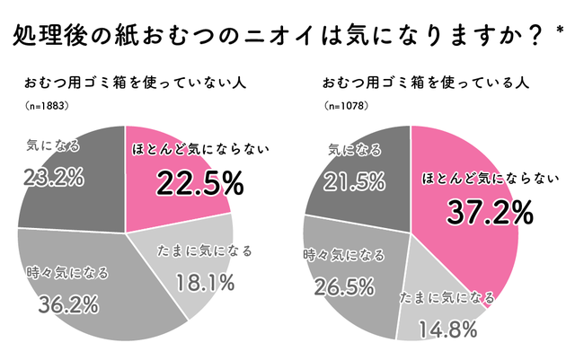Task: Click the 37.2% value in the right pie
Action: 490,213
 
